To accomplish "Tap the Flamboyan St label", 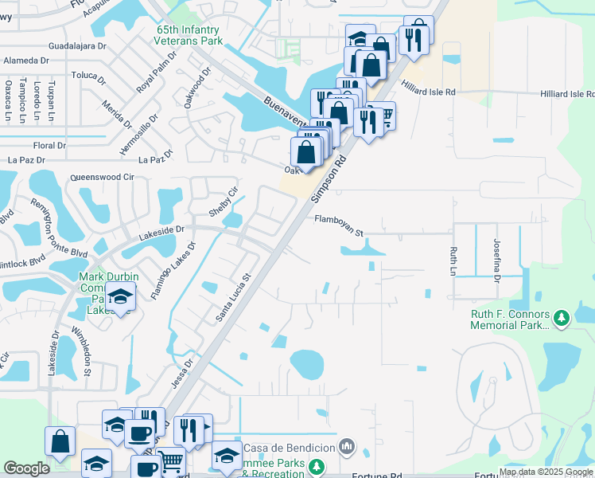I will point(338,226).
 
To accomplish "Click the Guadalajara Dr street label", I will point(77,46).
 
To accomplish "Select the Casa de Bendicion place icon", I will point(347,445).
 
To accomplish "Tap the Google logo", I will point(27,468).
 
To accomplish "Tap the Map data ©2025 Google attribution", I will point(546,472).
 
